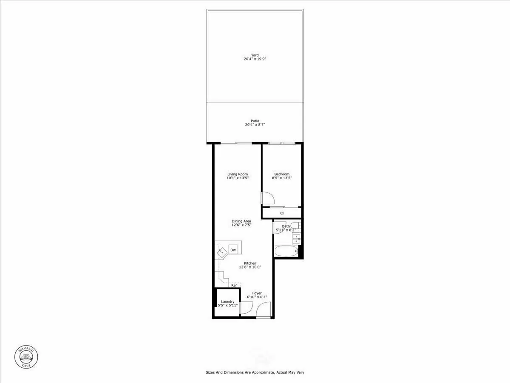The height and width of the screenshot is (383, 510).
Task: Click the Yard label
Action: point(255,55)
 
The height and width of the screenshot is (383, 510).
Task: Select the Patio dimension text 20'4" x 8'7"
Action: point(255,125)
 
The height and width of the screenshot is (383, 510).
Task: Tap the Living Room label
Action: point(238,174)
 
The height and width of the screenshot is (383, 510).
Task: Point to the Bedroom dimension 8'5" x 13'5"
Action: point(282,178)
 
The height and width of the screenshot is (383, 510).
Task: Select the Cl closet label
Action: point(282,213)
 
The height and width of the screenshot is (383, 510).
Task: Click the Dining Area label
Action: point(241,221)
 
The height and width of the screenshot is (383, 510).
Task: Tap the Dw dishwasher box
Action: point(233,250)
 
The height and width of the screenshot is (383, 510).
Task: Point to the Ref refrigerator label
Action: point(234,285)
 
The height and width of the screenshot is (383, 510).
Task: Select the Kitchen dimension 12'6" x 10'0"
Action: point(250,267)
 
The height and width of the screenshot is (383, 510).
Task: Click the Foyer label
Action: point(257,293)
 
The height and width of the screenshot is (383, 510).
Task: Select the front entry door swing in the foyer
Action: point(264,309)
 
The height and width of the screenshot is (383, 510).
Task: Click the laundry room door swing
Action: point(246,307)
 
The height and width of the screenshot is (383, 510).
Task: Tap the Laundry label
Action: point(227,302)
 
